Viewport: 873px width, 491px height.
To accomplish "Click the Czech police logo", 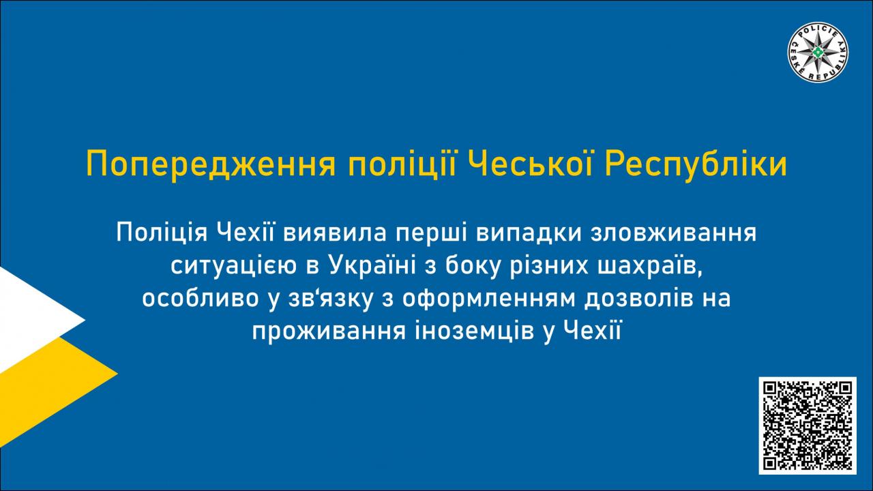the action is click(818, 53).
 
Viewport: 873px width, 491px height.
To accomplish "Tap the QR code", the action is click(808, 426).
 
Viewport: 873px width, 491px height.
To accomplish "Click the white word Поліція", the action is click(162, 233).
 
